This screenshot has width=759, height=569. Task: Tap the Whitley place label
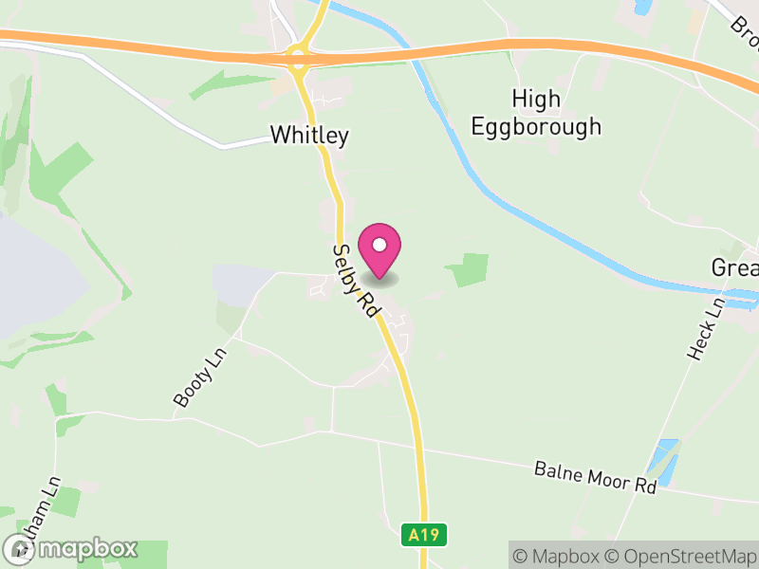click(309, 136)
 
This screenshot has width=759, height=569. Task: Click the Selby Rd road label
click(355, 281)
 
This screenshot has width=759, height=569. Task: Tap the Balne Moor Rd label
click(595, 477)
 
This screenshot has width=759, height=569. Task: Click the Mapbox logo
click(71, 548)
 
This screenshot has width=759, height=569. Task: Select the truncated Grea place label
click(734, 268)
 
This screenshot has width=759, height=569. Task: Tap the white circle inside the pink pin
click(379, 244)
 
